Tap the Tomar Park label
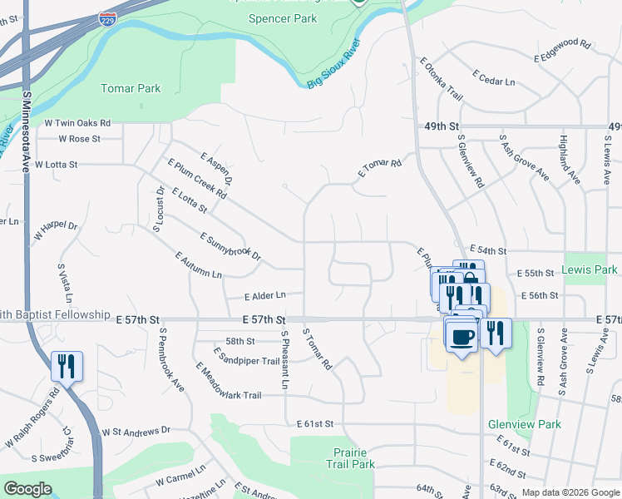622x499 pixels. pyautogui.click(x=131, y=88)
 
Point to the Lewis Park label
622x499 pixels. pyautogui.click(x=589, y=269)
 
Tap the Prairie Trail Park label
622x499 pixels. pyautogui.click(x=349, y=458)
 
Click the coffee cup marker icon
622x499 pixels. pyautogui.click(x=462, y=337)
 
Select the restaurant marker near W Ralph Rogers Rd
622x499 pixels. pyautogui.click(x=67, y=366)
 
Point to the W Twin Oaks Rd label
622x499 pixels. pyautogui.click(x=72, y=123)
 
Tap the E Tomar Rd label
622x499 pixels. pyautogui.click(x=380, y=169)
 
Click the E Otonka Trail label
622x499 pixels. pyautogui.click(x=441, y=78)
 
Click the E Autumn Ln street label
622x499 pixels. pyautogui.click(x=199, y=264)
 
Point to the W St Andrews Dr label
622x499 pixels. pyautogui.click(x=136, y=431)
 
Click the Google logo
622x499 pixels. pyautogui.click(x=27, y=489)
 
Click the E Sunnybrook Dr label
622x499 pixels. pyautogui.click(x=230, y=245)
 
